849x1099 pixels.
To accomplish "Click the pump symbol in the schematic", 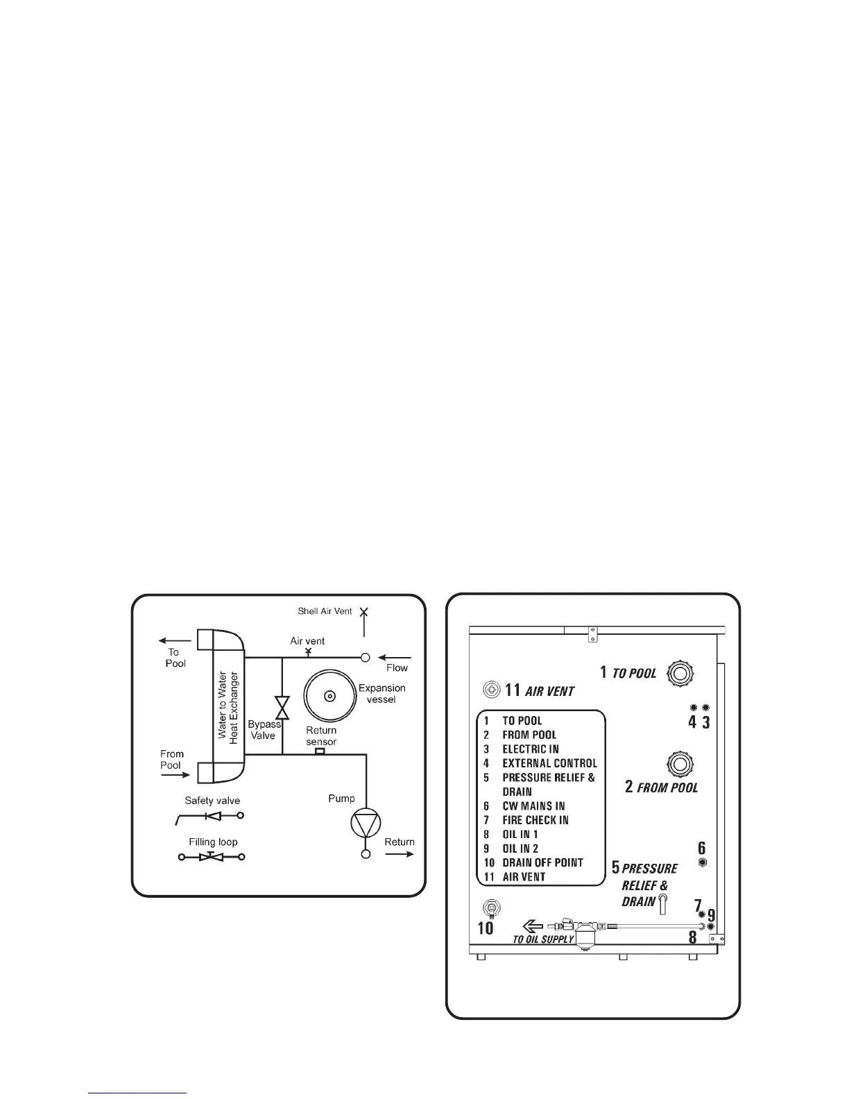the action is tap(366, 824).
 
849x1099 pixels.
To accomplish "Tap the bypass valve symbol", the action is tap(282, 708).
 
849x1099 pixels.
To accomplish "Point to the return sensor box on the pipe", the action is tap(320, 751).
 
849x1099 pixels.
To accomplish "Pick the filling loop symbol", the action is tap(212, 857).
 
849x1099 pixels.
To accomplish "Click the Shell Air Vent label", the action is tap(325, 612).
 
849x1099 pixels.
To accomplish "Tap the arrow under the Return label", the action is tap(400, 854).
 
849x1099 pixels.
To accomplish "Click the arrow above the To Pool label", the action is tap(174, 640).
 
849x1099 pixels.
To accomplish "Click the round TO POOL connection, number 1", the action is tap(680, 672).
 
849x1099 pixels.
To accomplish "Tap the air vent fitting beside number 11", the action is tap(491, 690).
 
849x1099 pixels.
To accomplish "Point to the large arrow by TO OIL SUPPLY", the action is tap(532, 926).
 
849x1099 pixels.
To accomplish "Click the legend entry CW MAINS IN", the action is tap(533, 806).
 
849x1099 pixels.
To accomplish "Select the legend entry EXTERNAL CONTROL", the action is tap(549, 763).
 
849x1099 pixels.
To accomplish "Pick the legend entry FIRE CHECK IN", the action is tap(535, 820).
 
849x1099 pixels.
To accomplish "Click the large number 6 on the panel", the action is tap(701, 848).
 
